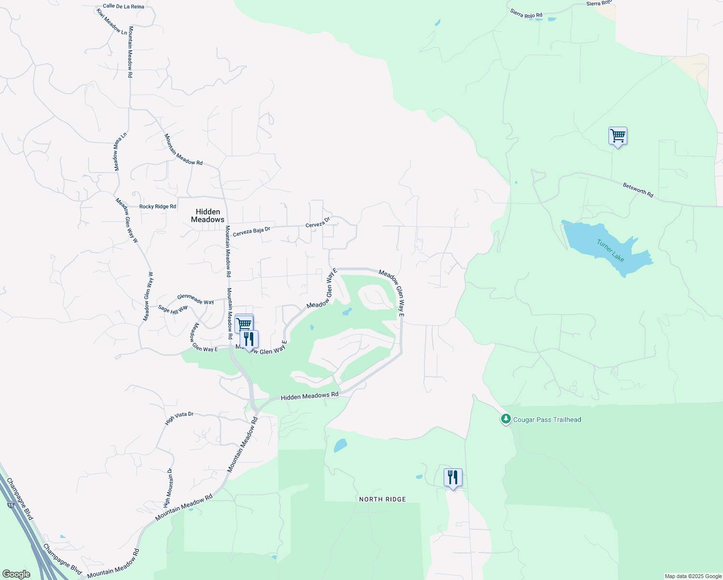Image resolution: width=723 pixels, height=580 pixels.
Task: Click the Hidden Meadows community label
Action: coord(208,216)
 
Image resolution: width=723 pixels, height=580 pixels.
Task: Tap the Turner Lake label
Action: coord(610,250)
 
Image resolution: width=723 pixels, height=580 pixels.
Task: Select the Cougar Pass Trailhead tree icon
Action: coord(506,419)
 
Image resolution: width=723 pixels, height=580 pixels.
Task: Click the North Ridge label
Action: coord(382,499)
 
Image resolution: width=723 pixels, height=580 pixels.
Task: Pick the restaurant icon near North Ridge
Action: coord(453,478)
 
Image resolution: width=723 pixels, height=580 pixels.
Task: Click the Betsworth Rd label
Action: coord(638,189)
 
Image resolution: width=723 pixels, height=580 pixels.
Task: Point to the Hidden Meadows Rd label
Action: coord(310,396)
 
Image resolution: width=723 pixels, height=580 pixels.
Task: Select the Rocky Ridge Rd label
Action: coord(158,207)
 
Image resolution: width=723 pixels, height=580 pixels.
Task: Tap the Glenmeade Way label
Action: coord(195,299)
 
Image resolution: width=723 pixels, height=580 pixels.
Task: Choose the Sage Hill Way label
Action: coord(173,309)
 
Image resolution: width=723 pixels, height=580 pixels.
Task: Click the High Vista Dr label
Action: coord(179,418)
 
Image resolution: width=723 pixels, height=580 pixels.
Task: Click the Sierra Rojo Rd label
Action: coord(526,14)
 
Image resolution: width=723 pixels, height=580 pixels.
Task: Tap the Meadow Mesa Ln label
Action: coord(120,151)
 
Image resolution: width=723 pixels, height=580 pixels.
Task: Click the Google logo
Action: coord(16,574)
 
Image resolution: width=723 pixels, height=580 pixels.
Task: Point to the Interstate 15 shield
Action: coord(11,505)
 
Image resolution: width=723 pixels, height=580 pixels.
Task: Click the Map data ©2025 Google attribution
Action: coord(693,576)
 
